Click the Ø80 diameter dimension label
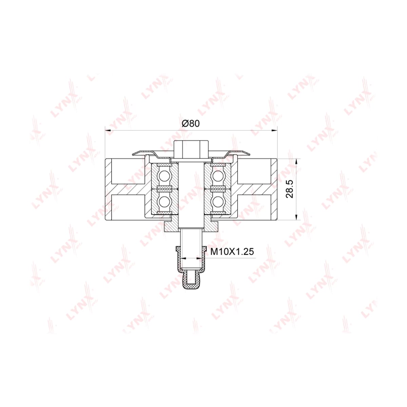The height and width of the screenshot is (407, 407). point(191,123)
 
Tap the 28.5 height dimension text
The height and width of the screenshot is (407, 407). point(290,189)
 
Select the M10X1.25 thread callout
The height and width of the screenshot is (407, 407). point(232,252)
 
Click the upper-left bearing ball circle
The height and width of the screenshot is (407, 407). point(164,175)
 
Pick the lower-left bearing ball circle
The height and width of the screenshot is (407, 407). point(164,201)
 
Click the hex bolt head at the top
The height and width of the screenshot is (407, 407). point(191,149)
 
